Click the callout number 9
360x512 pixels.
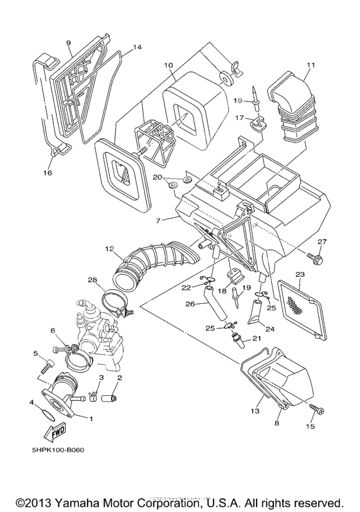(x=68, y=43)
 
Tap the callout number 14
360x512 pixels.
(x=137, y=48)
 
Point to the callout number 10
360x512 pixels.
(x=168, y=65)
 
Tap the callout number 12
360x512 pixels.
(x=109, y=248)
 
